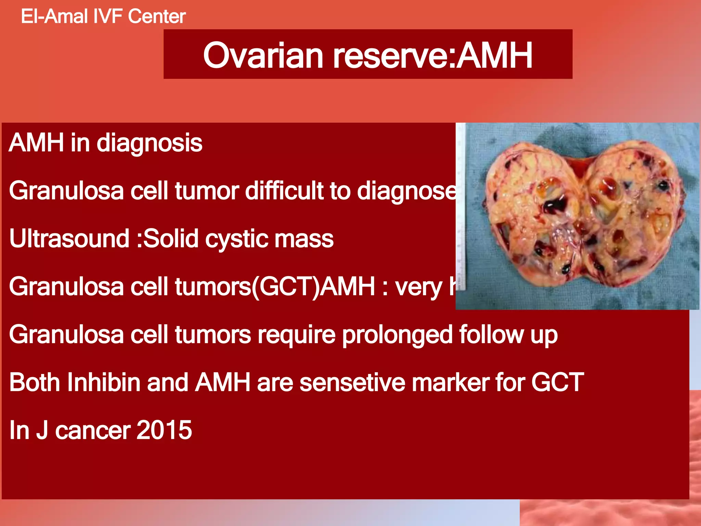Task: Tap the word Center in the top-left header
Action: click(x=157, y=16)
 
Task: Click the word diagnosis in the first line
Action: click(x=150, y=143)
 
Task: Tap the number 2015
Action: click(x=164, y=430)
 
